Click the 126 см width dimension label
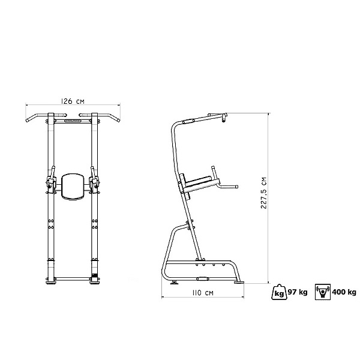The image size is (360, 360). pyautogui.click(x=73, y=101)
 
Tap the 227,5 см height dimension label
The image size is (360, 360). pyautogui.click(x=264, y=193)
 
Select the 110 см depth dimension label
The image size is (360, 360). pyautogui.click(x=203, y=293)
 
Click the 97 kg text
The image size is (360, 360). pyautogui.click(x=298, y=292)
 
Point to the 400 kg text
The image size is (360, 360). pyautogui.click(x=344, y=292)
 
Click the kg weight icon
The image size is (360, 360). pyautogui.click(x=279, y=292)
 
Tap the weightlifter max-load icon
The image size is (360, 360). pyautogui.click(x=323, y=292)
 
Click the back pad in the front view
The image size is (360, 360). pyautogui.click(x=73, y=187)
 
